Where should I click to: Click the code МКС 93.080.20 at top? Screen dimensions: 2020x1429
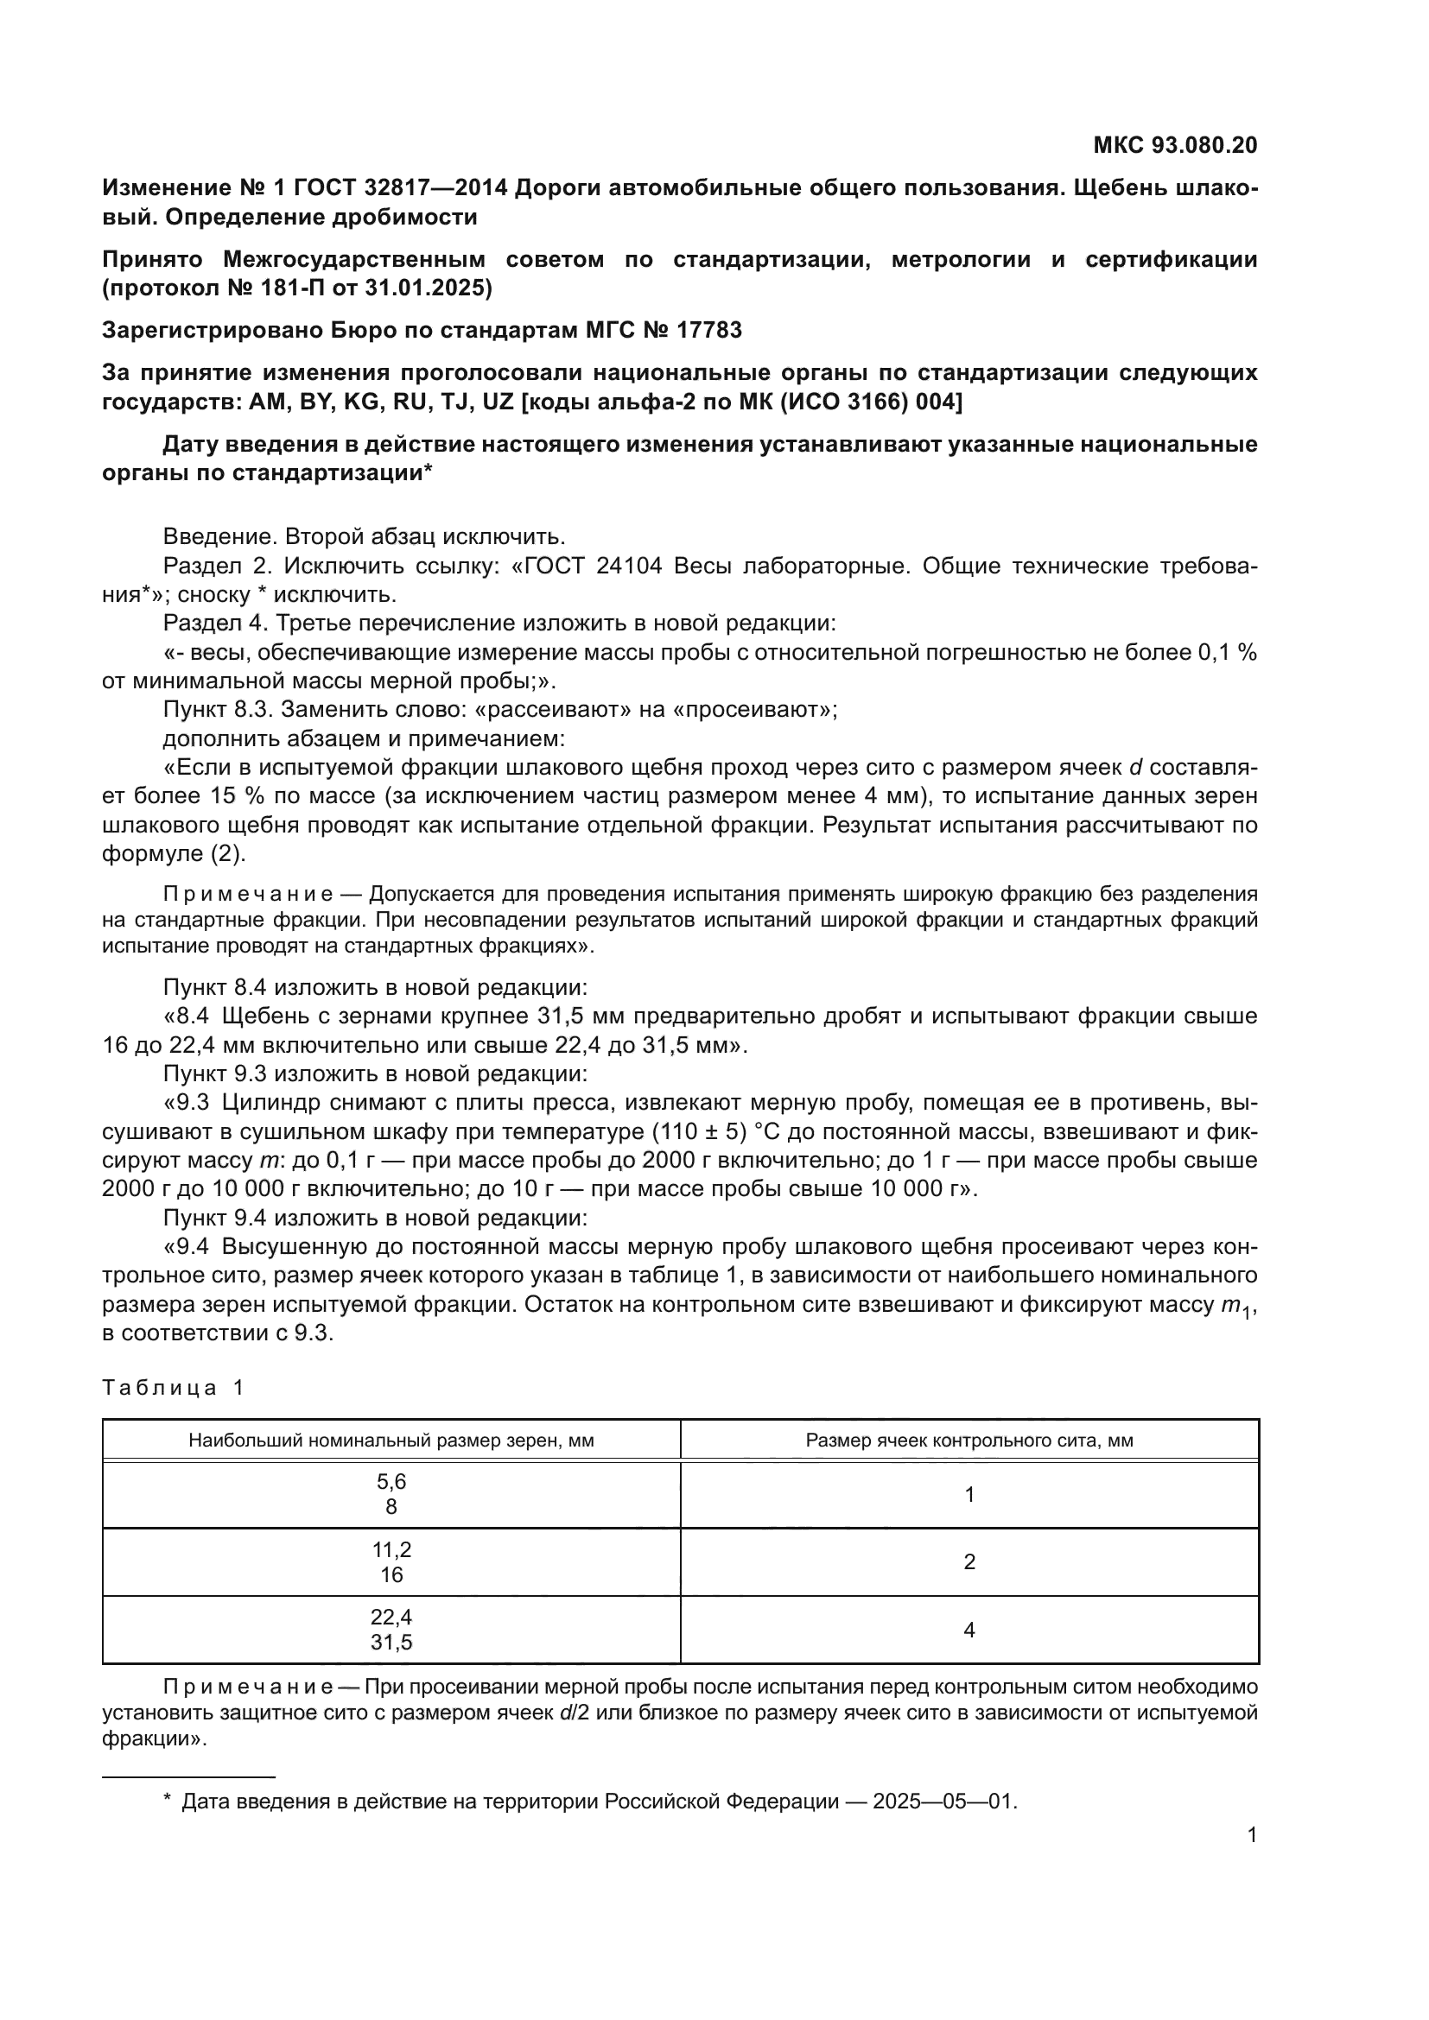(x=1175, y=145)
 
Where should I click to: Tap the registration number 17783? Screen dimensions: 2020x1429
(x=709, y=331)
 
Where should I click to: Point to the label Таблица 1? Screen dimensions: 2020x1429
(x=173, y=1389)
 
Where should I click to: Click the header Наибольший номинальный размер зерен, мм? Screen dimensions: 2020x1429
(x=391, y=1441)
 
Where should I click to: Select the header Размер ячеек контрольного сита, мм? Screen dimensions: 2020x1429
(x=969, y=1441)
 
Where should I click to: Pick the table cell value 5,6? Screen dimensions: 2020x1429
(x=391, y=1482)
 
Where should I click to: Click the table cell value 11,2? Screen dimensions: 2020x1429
(x=391, y=1549)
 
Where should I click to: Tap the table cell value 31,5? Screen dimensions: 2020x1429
(x=391, y=1643)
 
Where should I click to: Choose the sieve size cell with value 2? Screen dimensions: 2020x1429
(x=969, y=1561)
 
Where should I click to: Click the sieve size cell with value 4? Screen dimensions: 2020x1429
(x=969, y=1631)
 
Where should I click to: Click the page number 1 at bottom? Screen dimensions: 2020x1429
(x=1251, y=1835)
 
